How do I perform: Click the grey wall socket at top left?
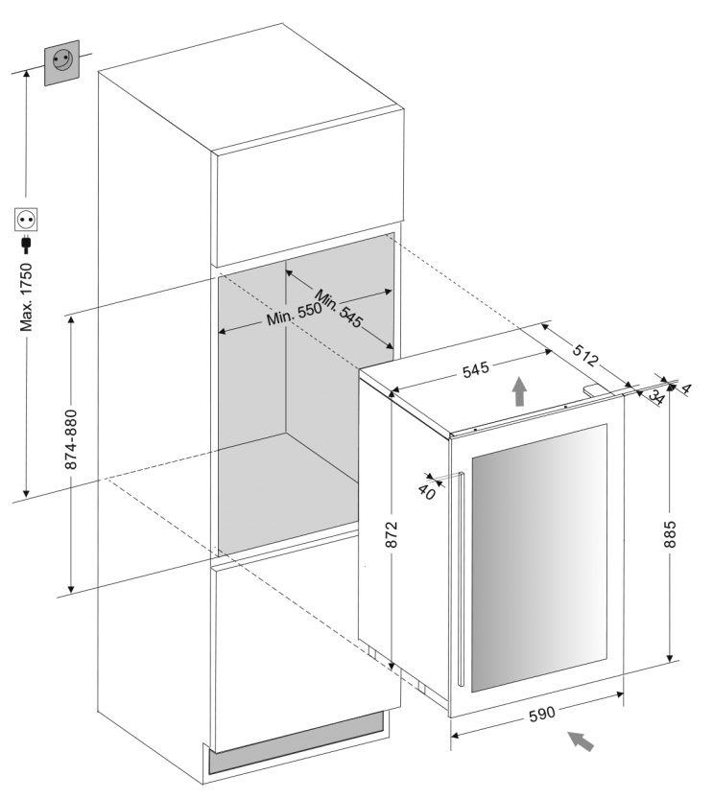tap(62, 62)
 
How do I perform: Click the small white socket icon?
tap(26, 220)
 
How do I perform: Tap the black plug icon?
tap(26, 246)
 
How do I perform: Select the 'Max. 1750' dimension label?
tap(26, 297)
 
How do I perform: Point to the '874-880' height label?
tap(71, 439)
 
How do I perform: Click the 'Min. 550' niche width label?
tap(294, 314)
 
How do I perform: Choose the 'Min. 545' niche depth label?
tap(339, 308)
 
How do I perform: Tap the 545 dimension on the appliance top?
tap(476, 369)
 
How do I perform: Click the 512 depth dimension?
tap(584, 355)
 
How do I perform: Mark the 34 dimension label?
tap(656, 396)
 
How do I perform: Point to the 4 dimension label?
tap(686, 389)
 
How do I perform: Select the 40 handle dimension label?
tap(427, 492)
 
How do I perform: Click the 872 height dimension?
tap(391, 534)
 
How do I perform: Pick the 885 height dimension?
tap(670, 534)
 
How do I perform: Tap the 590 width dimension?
tap(542, 714)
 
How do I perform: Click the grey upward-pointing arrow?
tap(519, 390)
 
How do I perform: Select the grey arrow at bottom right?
tap(581, 740)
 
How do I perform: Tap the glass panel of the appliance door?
tap(539, 557)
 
